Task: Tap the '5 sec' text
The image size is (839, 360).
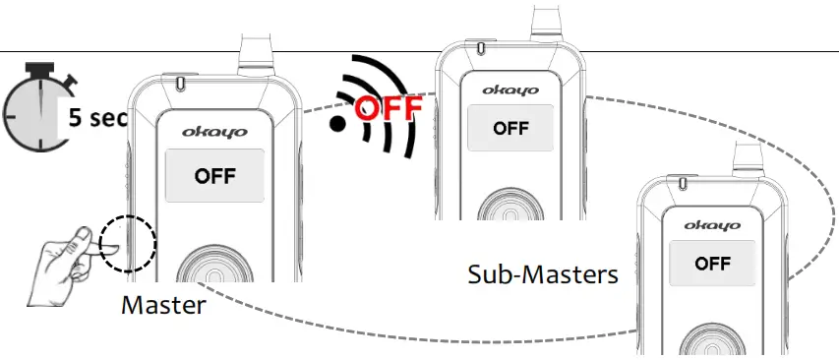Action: (97, 119)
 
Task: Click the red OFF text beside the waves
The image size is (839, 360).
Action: (388, 106)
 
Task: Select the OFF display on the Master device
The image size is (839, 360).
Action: (214, 177)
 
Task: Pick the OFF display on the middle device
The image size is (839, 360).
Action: (510, 127)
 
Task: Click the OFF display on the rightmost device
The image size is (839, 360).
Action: (712, 264)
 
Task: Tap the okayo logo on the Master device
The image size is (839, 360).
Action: (213, 130)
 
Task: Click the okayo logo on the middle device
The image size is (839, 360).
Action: (509, 90)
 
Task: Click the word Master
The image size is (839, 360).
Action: (163, 305)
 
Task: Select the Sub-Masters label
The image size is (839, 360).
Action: (543, 273)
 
